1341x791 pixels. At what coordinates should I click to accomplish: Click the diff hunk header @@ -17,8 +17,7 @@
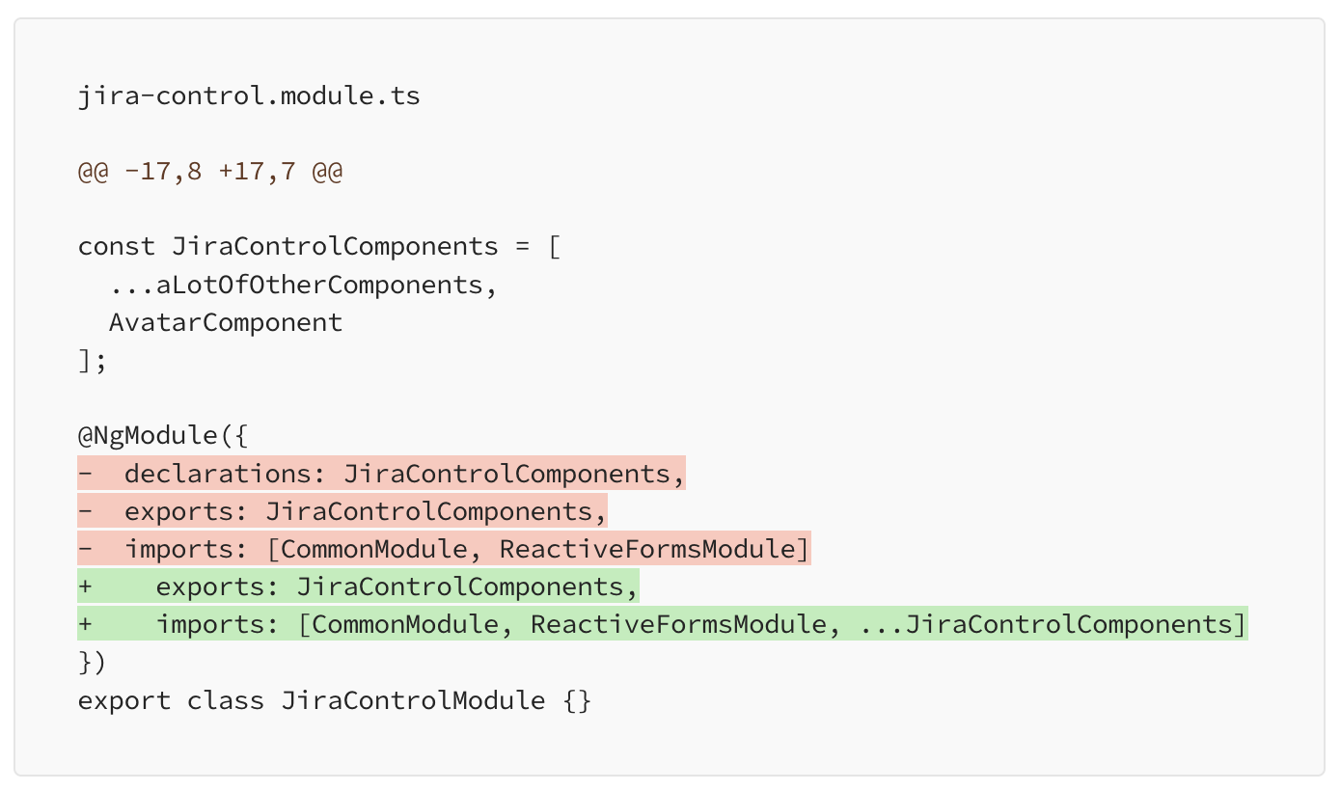pos(210,172)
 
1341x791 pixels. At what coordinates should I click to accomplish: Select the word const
pos(116,247)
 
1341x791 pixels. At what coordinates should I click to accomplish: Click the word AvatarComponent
pos(226,323)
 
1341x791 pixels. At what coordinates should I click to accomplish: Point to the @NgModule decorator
pos(148,435)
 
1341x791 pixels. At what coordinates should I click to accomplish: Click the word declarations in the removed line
pos(218,474)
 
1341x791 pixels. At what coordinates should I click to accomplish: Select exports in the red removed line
pos(179,511)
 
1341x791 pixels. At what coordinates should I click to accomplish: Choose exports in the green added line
pos(210,586)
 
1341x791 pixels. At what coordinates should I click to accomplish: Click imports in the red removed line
pos(179,549)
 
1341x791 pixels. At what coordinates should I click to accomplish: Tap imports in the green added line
pos(210,624)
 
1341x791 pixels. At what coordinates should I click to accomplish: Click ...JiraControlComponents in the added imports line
pos(1045,624)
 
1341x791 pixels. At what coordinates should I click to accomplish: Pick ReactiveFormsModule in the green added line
pos(678,624)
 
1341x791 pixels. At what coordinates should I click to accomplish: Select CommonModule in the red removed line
pos(374,549)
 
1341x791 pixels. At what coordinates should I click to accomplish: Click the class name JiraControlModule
pos(413,700)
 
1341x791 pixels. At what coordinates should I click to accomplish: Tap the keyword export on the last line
pos(124,701)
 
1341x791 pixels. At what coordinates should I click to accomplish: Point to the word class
pos(226,700)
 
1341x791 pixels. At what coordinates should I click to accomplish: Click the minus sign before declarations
pos(86,474)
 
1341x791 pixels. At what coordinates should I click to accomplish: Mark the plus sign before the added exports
pos(86,586)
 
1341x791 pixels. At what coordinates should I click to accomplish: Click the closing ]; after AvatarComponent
pos(93,361)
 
